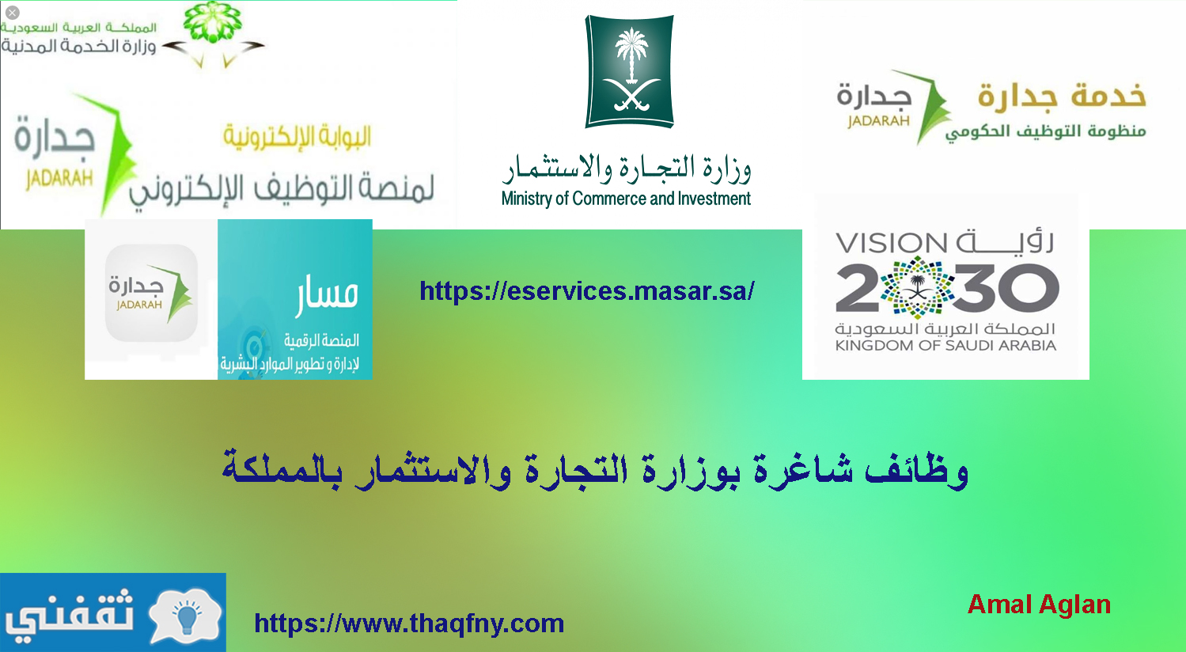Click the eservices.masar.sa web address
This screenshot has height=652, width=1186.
click(x=586, y=290)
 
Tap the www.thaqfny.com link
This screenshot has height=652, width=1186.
click(x=409, y=624)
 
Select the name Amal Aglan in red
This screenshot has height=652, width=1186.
click(x=1039, y=605)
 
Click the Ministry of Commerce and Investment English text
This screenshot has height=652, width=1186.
click(x=626, y=199)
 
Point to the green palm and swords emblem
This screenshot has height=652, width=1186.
click(x=629, y=71)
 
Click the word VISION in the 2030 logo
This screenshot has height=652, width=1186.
click(x=891, y=244)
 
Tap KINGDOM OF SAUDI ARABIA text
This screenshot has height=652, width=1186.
click(x=945, y=346)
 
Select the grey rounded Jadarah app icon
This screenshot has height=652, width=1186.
click(x=151, y=292)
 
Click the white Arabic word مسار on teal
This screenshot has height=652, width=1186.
click(x=327, y=294)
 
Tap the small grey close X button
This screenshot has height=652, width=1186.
click(x=12, y=12)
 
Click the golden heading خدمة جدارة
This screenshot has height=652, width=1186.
click(x=1062, y=97)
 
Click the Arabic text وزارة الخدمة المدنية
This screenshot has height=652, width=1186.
click(x=78, y=47)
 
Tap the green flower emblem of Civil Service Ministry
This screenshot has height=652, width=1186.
click(x=213, y=22)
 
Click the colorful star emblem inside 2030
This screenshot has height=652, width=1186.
click(x=918, y=287)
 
